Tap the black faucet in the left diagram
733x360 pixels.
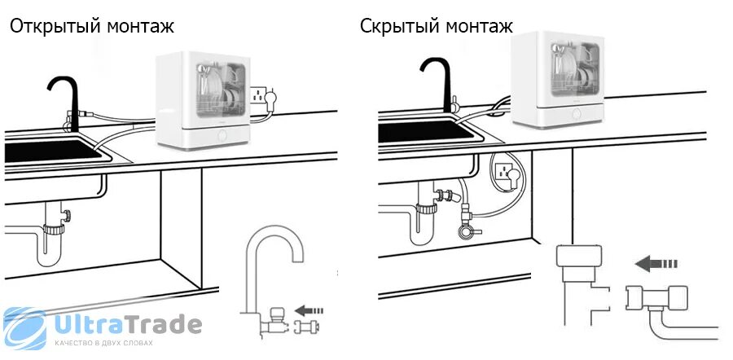65,98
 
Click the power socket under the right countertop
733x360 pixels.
504,171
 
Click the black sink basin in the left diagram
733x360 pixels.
49,151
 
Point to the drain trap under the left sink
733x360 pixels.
53,236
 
